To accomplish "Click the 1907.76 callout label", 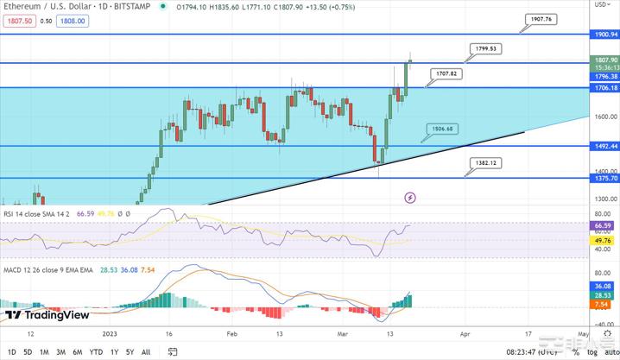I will (x=542, y=18).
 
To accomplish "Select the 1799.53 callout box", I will (x=485, y=48).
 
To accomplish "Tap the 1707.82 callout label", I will (x=446, y=74).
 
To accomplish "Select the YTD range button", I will (x=97, y=351).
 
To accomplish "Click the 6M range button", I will (x=77, y=351).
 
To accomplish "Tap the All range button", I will (x=146, y=351).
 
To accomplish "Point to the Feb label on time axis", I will (x=231, y=332).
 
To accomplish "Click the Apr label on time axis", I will (x=465, y=332).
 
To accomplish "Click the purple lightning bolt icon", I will (x=410, y=198).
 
